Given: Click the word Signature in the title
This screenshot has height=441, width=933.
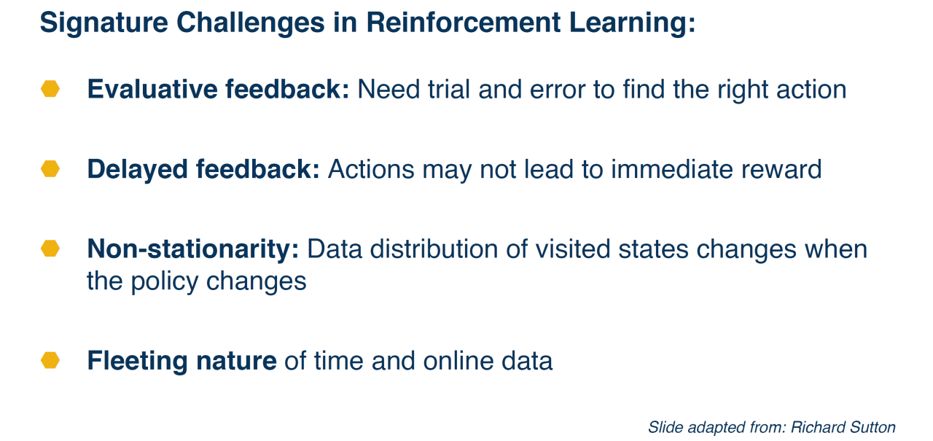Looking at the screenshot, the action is click(x=104, y=23).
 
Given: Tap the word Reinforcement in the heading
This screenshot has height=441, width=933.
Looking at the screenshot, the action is click(x=463, y=22).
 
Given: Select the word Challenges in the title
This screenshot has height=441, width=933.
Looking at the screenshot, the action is click(x=250, y=23).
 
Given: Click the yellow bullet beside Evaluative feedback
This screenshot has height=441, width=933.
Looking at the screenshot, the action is click(x=50, y=89).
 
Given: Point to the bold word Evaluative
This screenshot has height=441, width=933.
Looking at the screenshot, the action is click(x=152, y=89).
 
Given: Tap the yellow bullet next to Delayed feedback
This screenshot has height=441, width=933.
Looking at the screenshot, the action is click(x=50, y=168).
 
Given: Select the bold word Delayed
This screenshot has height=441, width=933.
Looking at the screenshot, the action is click(x=138, y=170).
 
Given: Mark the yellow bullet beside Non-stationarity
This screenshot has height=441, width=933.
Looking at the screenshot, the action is click(x=50, y=249).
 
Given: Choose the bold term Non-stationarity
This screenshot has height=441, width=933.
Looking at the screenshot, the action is click(x=193, y=250).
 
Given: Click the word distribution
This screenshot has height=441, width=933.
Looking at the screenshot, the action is click(x=434, y=249).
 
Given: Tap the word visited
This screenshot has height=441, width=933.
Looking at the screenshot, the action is click(x=573, y=249).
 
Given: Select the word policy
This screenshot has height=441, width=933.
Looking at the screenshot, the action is click(x=165, y=282).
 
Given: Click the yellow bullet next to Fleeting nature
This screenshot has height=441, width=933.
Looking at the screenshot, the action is click(x=50, y=360).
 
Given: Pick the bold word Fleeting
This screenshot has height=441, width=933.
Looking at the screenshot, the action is click(x=138, y=362).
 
